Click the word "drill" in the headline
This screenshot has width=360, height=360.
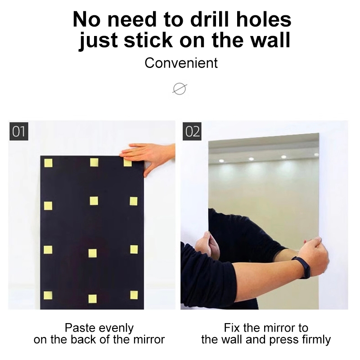(x=210, y=19)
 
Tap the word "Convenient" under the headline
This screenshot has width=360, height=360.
(x=181, y=63)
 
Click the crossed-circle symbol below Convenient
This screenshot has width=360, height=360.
(x=180, y=89)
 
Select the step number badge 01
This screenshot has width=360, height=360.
(x=19, y=131)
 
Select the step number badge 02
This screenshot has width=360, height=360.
(x=192, y=131)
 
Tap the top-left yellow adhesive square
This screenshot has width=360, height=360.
(x=48, y=163)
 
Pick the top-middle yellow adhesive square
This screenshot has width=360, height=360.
(x=94, y=162)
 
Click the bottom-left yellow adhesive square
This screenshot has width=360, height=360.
(x=48, y=296)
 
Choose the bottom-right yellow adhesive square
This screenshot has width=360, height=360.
(x=134, y=295)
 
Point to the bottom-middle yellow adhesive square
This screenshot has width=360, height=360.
(x=93, y=299)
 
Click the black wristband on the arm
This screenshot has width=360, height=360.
(x=302, y=267)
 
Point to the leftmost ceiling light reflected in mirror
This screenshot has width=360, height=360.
(x=221, y=161)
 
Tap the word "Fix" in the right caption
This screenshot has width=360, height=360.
(x=232, y=328)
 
